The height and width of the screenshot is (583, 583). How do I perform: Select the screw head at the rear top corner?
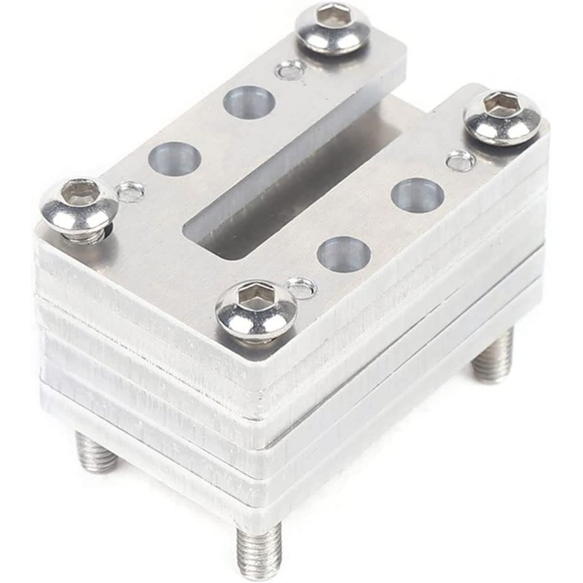click(332, 28)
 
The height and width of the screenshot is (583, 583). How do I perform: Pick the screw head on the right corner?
click(503, 117)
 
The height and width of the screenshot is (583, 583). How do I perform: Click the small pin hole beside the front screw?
click(300, 289)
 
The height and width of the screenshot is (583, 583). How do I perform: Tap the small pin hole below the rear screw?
click(291, 70)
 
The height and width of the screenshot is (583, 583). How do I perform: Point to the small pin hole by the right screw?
click(461, 160)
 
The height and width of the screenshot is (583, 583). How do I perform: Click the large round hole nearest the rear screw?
click(249, 103)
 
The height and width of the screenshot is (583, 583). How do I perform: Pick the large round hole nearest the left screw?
click(176, 158)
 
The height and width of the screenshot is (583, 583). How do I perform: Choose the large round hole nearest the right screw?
click(418, 195)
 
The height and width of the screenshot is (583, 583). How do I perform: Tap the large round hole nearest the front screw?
click(343, 254)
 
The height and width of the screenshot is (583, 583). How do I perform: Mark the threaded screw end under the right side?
click(493, 357)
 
